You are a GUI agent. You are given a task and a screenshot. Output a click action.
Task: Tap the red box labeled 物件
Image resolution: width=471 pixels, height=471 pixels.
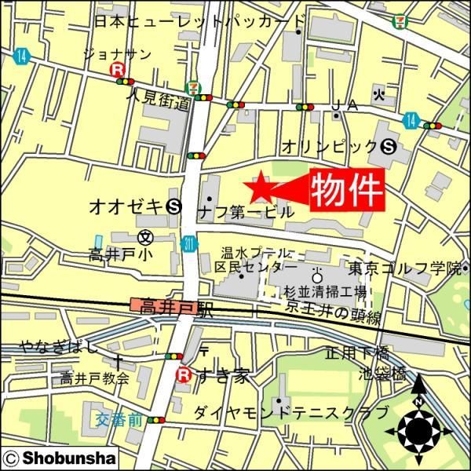347,189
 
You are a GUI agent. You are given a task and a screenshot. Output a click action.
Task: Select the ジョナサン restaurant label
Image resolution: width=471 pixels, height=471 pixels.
117,53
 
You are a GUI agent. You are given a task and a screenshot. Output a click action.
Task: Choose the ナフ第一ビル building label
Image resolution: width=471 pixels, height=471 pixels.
245,212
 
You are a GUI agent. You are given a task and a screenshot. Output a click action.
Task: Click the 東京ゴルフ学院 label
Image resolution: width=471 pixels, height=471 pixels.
405,268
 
